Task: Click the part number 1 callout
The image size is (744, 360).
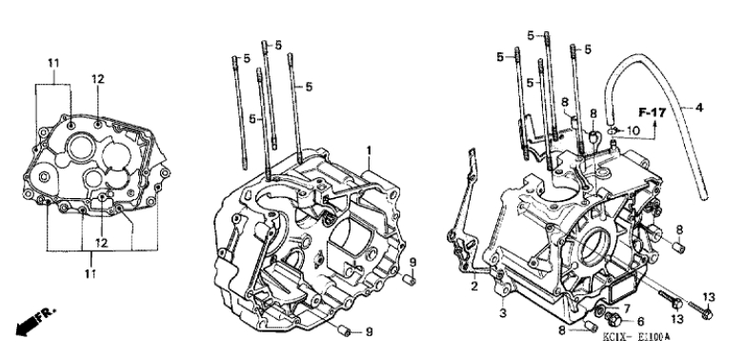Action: click(x=369, y=150)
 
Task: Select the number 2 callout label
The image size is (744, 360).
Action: click(x=474, y=286)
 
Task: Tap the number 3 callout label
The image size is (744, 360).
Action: click(x=503, y=312)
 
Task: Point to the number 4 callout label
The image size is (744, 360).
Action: click(x=698, y=108)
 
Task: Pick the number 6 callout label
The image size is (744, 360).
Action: click(x=640, y=322)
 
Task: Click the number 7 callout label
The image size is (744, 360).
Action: click(x=626, y=309)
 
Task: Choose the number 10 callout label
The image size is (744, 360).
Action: click(x=633, y=130)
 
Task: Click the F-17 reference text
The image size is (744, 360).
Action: click(x=653, y=113)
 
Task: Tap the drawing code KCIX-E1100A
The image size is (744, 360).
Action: click(x=635, y=337)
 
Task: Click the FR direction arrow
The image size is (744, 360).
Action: click(x=35, y=323)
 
